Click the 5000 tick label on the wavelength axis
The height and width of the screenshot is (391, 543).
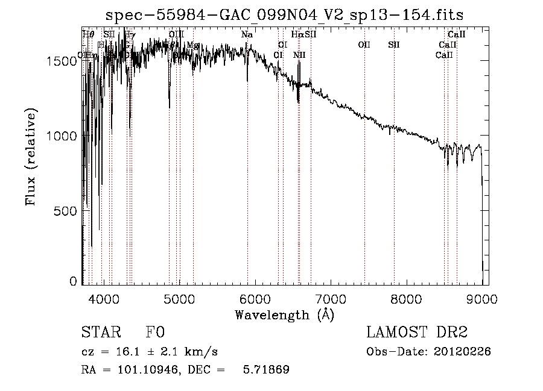179,299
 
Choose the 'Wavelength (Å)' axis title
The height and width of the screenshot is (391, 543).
284,314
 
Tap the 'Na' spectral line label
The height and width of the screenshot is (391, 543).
247,35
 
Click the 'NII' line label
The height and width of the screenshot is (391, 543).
299,55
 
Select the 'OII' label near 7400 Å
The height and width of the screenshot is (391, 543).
364,45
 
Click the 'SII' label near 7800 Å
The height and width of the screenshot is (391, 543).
394,45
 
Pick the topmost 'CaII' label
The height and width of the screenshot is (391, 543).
457,35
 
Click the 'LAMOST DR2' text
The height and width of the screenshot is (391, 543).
416,333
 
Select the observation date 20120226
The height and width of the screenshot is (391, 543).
463,352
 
